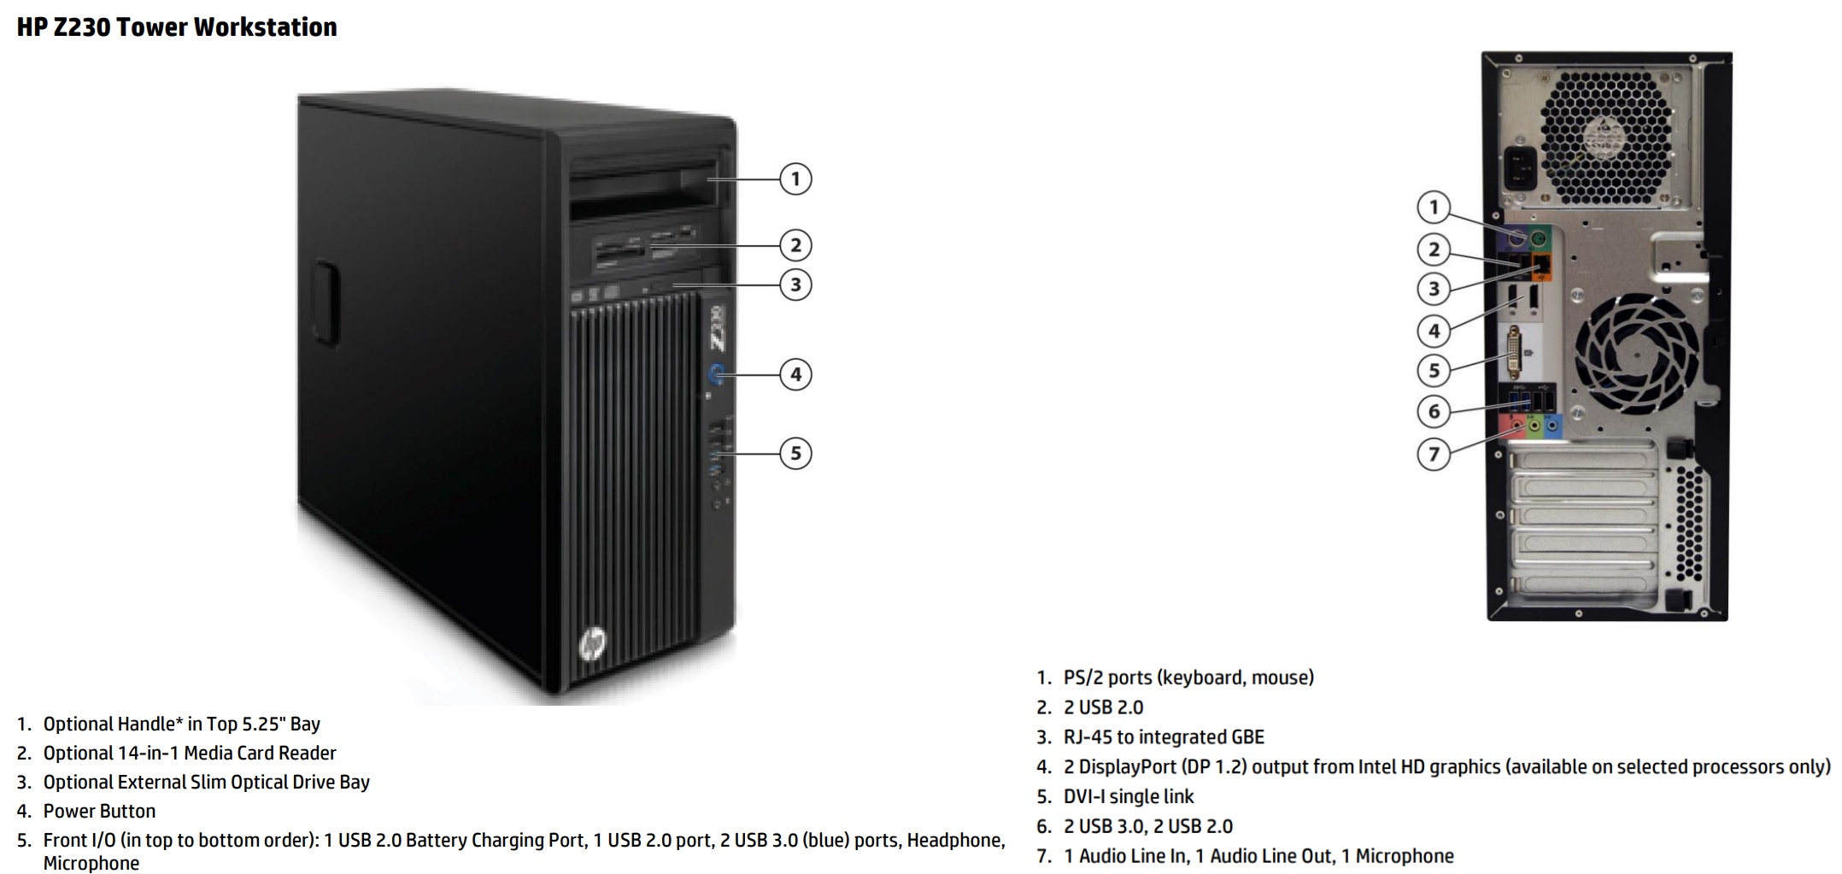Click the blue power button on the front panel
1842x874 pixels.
(x=717, y=373)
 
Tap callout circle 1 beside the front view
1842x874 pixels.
(x=795, y=179)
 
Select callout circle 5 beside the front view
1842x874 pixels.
(x=795, y=453)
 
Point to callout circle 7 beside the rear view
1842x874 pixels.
(x=1434, y=454)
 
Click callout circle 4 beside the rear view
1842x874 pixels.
(x=1434, y=331)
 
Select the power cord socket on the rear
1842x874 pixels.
(x=1520, y=170)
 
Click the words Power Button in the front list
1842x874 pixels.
(x=99, y=811)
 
